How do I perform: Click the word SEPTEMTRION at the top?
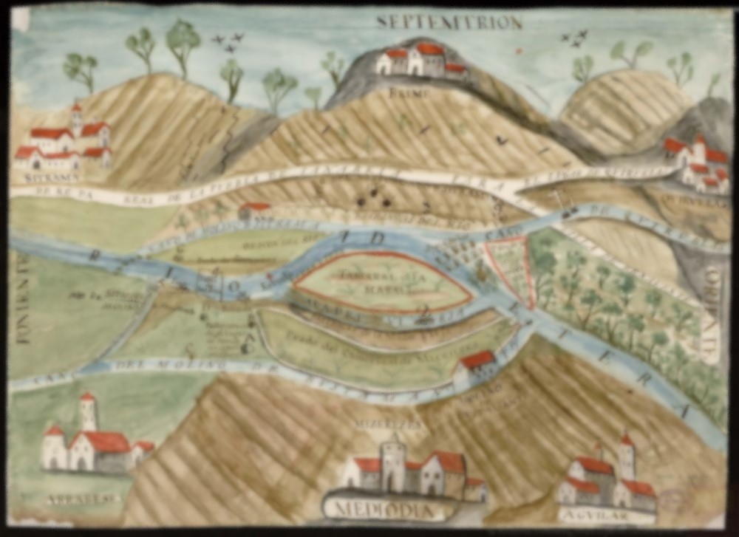point(449,22)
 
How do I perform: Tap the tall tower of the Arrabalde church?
point(88,414)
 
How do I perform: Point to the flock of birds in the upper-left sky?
point(228,42)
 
